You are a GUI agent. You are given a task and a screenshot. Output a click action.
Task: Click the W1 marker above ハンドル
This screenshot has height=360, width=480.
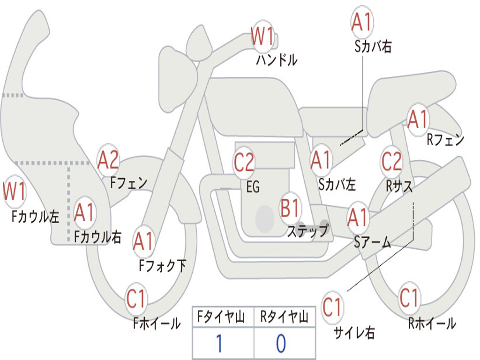click(262, 36)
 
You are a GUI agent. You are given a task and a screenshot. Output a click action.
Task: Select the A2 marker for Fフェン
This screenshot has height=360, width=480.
click(108, 160)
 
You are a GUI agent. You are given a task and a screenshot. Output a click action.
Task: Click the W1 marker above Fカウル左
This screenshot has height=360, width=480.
click(14, 191)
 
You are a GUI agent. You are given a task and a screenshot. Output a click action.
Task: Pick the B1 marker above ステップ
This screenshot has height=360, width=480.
click(290, 208)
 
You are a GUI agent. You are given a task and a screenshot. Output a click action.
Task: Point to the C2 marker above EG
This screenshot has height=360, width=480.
click(244, 162)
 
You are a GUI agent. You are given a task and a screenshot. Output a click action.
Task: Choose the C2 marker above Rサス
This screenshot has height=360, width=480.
click(391, 161)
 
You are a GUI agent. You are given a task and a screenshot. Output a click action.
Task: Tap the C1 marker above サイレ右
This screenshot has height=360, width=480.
click(332, 307)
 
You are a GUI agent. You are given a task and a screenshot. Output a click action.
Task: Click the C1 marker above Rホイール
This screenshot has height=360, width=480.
click(409, 298)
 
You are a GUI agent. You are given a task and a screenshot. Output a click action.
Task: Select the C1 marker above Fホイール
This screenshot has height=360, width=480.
click(135, 299)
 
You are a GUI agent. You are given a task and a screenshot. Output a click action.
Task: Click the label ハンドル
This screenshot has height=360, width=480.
click(277, 60)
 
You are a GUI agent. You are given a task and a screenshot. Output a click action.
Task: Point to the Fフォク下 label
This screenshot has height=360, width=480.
click(162, 265)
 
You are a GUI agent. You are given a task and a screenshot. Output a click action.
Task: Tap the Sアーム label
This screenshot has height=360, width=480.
click(373, 243)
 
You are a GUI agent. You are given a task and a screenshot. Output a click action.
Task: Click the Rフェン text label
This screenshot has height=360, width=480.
click(445, 140)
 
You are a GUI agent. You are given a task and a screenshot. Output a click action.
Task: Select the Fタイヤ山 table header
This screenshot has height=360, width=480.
click(221, 317)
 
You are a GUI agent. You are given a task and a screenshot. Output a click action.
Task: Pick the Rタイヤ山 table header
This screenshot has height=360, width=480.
click(285, 317)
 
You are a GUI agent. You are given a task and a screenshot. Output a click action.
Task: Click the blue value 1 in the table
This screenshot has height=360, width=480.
click(219, 344)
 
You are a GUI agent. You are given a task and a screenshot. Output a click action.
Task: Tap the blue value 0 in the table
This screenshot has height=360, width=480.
click(281, 344)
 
